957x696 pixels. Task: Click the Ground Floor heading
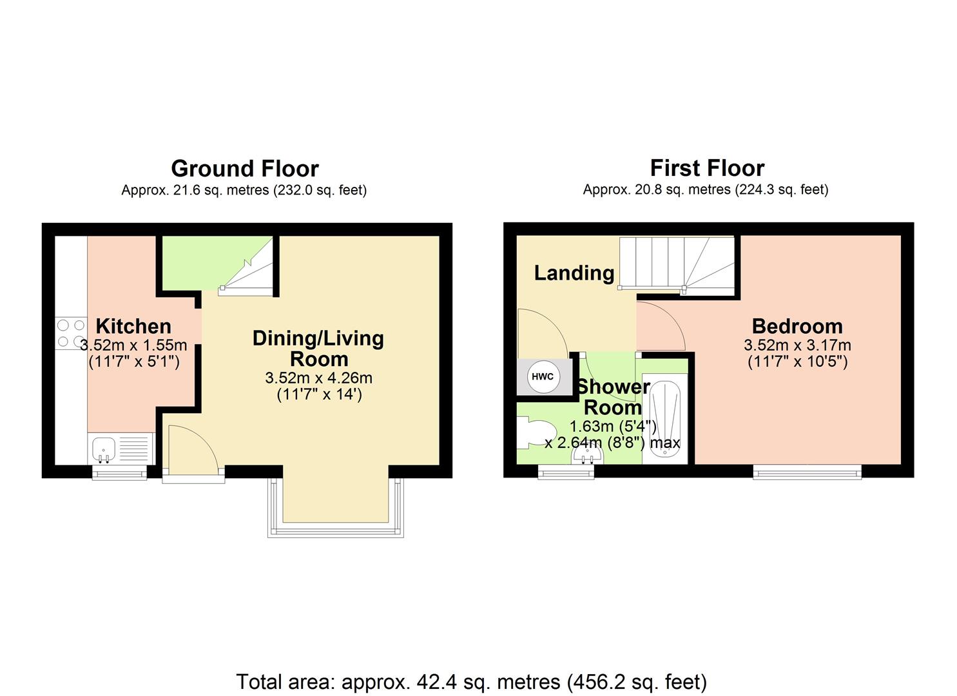click(x=244, y=169)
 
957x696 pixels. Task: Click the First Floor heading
click(x=706, y=168)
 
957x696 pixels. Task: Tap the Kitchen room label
click(x=133, y=326)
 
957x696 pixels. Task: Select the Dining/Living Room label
click(x=318, y=348)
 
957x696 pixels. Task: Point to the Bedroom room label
click(x=797, y=326)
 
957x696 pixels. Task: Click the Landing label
click(x=574, y=273)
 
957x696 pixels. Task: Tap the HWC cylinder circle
click(x=543, y=376)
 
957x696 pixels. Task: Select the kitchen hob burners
click(x=71, y=334)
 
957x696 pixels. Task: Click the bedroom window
click(x=807, y=473)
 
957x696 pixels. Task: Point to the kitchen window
click(x=119, y=474)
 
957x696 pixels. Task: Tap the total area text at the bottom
click(x=471, y=682)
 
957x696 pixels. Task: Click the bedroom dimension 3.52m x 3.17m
click(x=797, y=345)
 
